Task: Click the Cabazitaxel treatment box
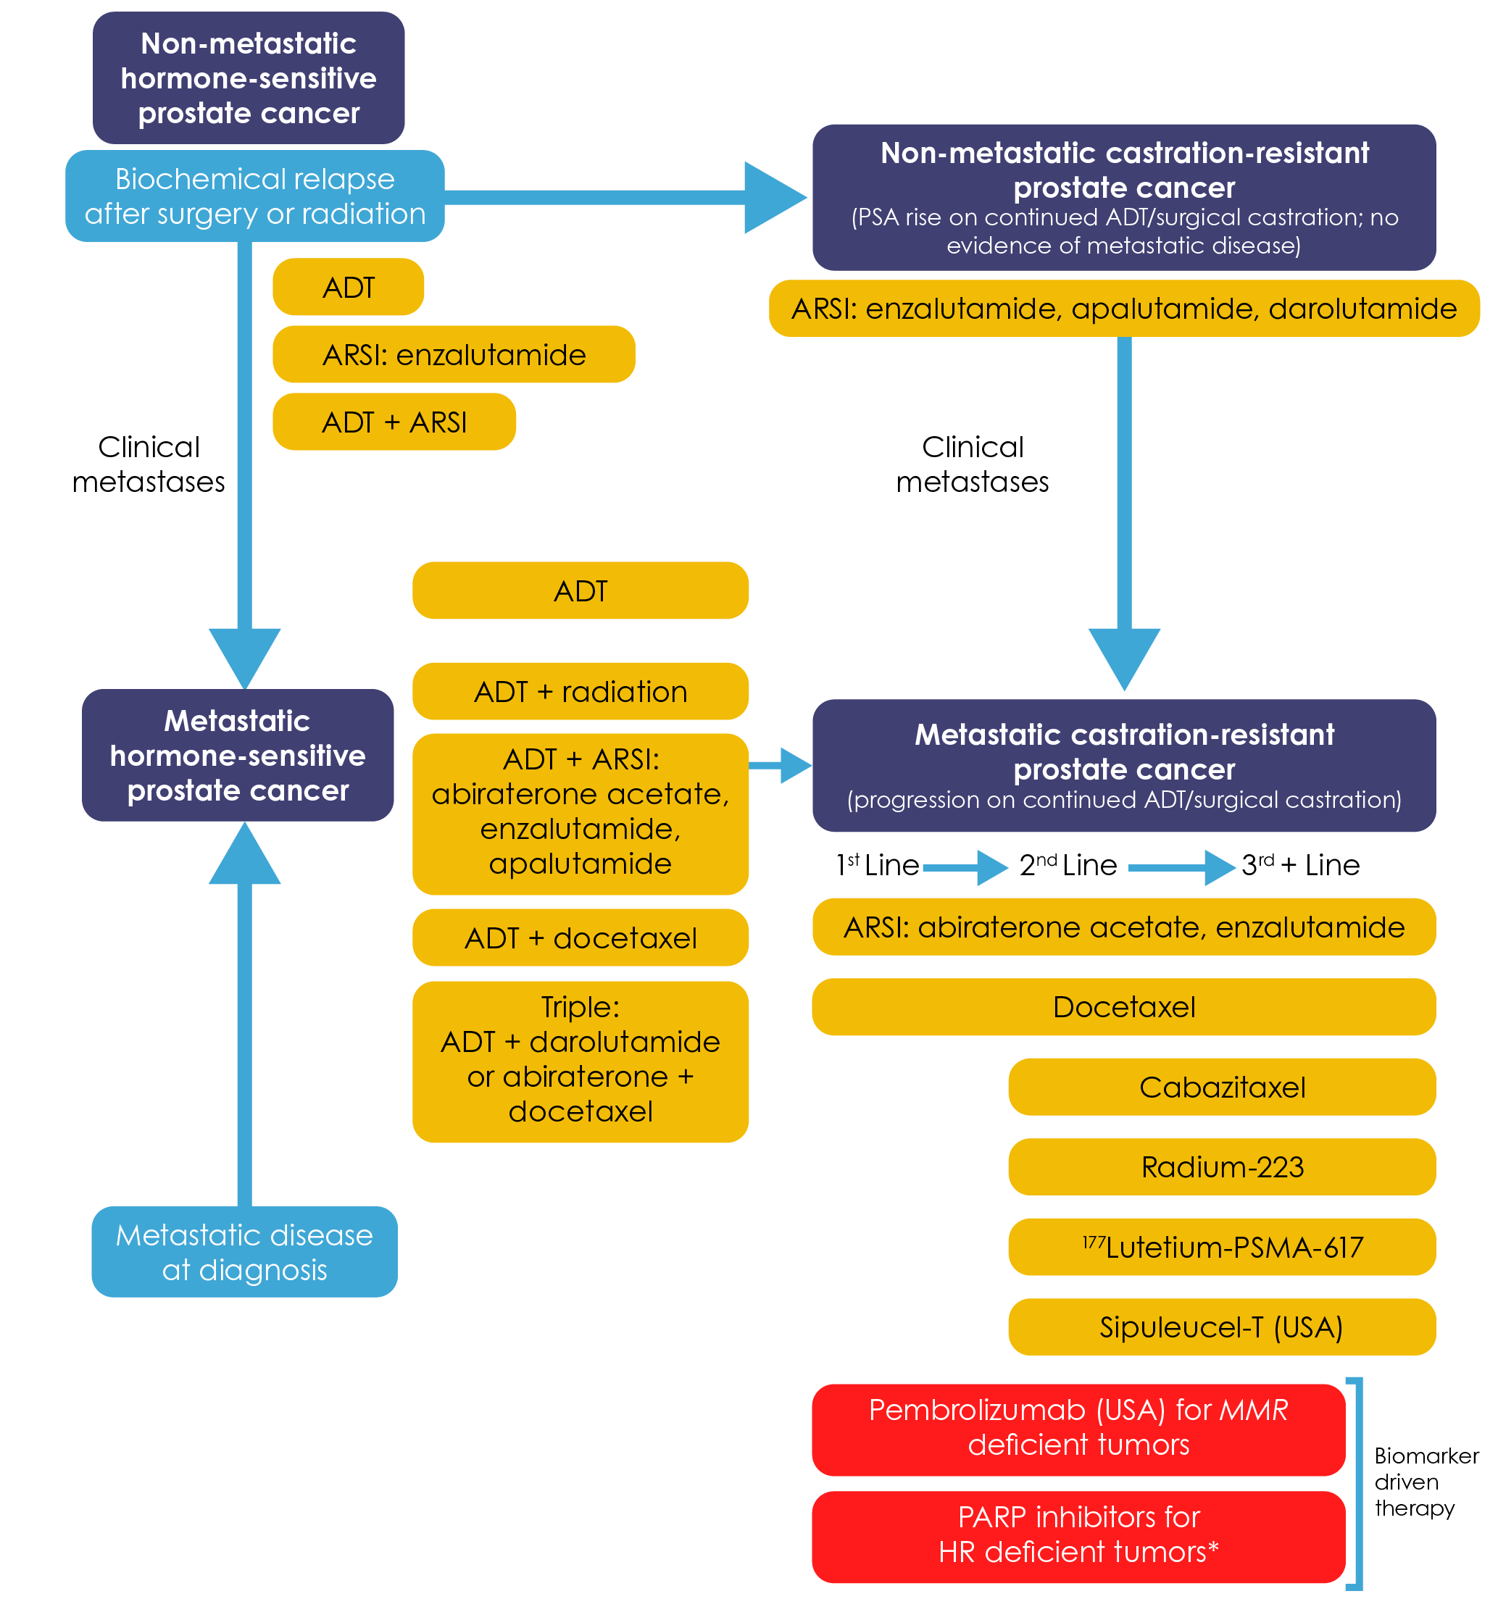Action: [1222, 1087]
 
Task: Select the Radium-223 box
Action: [1222, 1167]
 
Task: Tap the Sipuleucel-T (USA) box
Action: [1222, 1327]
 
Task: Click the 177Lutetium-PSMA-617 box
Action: [1222, 1247]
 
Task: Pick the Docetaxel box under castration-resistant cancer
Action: [1123, 1007]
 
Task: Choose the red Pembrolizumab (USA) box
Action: [1078, 1428]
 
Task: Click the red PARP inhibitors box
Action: [1078, 1535]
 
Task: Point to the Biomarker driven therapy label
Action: [1425, 1482]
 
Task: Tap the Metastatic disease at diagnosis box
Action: [244, 1252]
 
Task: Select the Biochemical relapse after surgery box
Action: [254, 196]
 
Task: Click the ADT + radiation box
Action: [581, 692]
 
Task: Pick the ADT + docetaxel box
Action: [581, 938]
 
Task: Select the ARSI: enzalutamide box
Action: [453, 355]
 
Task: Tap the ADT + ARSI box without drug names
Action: [394, 422]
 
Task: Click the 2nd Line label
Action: [1068, 866]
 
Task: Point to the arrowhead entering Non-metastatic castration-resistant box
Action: [774, 197]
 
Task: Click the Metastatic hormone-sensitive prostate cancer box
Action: [238, 755]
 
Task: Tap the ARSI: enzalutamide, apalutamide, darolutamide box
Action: [1123, 309]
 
